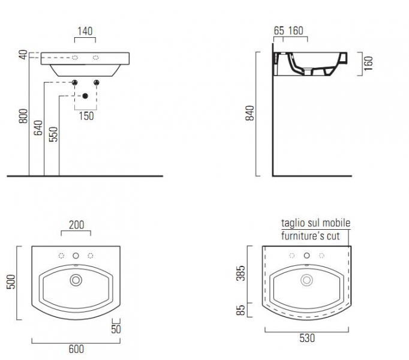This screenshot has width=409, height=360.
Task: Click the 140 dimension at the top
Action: coord(85,31)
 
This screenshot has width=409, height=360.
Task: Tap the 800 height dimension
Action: coord(23,116)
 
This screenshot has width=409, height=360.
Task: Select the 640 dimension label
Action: coord(38,128)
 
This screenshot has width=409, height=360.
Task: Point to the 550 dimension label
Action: coord(53,134)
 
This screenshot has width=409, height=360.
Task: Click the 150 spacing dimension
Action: coord(86,116)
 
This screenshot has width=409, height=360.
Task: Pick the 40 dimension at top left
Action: coord(23,55)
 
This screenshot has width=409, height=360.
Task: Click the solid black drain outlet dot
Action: coord(85,96)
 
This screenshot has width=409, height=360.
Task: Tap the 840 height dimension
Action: coord(249,113)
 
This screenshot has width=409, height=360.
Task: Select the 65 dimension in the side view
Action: coord(279,31)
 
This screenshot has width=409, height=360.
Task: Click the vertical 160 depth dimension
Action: coord(368,64)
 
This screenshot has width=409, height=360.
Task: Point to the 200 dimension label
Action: coord(76,225)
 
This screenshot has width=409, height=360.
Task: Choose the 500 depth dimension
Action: coord(11,281)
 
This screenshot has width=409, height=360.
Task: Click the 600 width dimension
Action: coord(76,349)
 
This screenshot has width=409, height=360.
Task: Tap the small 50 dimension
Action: coord(116,329)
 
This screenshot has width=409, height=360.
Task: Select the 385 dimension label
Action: coord(240,273)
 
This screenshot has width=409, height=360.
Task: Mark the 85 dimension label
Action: coord(240,310)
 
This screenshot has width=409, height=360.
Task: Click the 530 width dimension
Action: coord(307,338)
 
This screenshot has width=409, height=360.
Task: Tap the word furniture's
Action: coord(303,236)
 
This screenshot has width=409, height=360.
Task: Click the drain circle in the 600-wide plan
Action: coord(76,280)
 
